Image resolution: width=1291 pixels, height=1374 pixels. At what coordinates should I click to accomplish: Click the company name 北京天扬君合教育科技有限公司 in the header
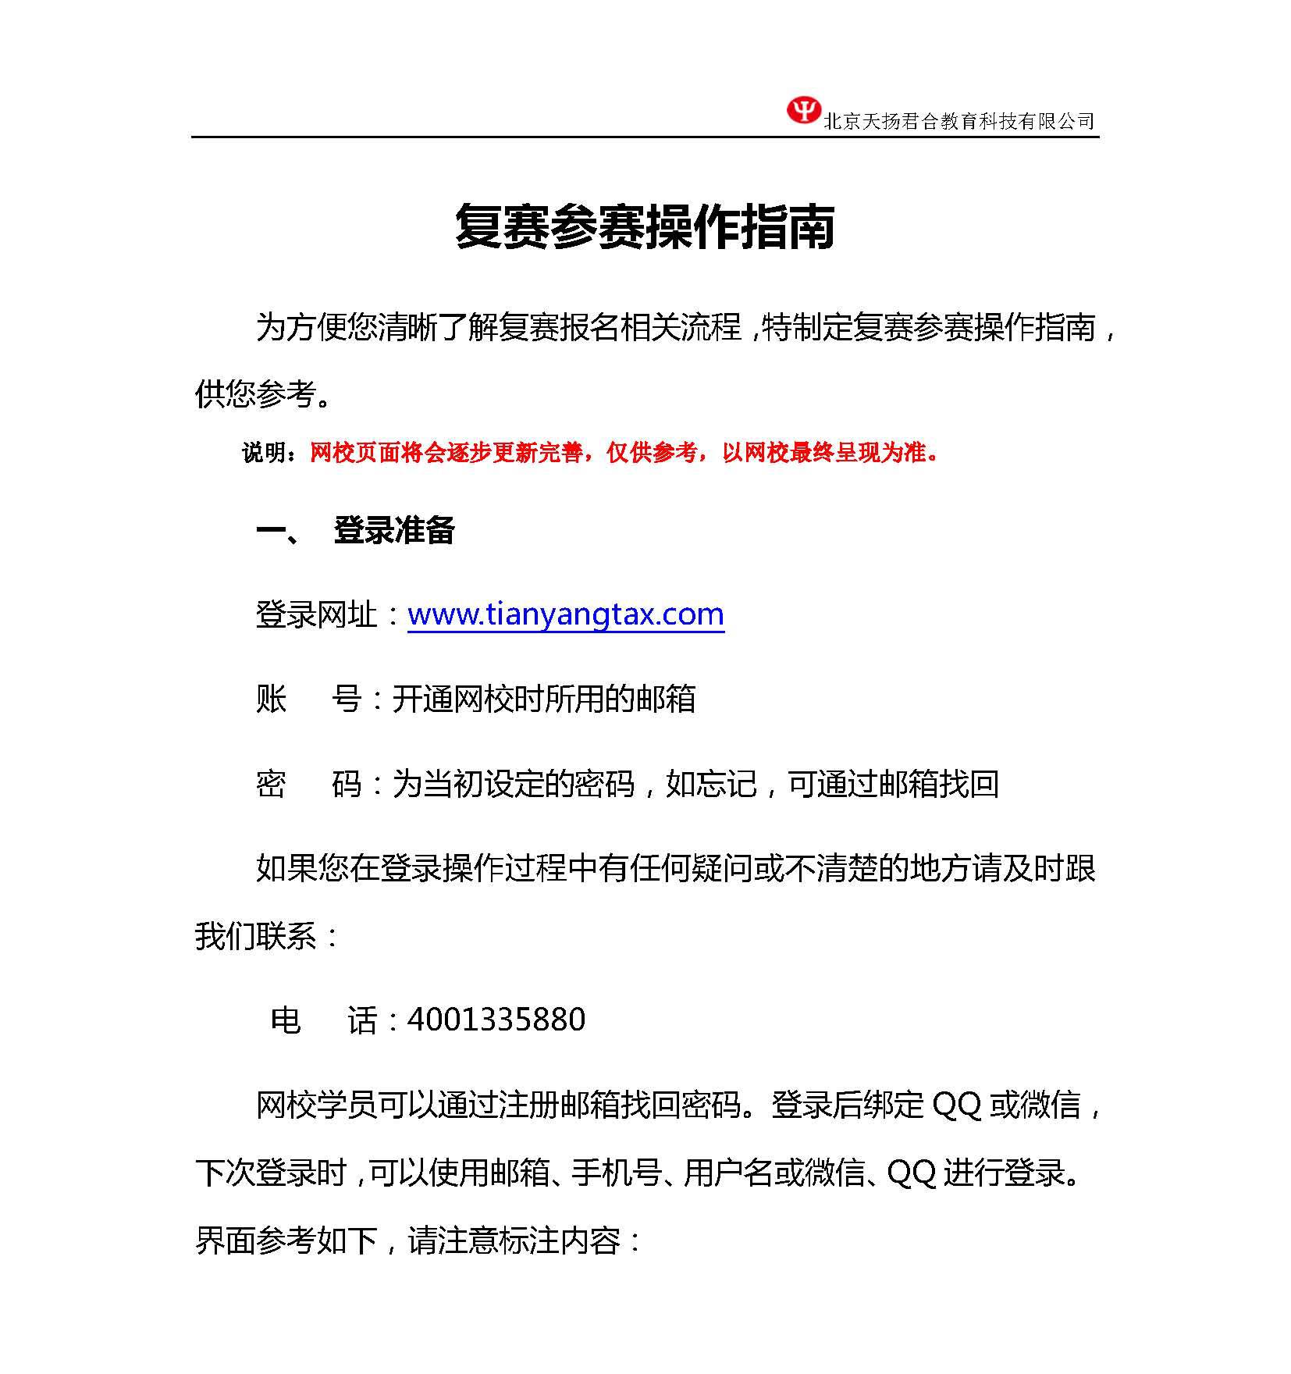click(959, 121)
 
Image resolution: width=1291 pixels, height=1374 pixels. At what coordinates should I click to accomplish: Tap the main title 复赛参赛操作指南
click(645, 227)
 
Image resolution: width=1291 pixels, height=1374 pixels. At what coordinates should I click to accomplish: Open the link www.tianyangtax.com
click(566, 614)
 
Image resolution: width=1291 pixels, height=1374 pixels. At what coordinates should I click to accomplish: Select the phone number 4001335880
click(496, 1020)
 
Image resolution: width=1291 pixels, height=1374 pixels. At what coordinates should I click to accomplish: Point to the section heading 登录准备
click(394, 531)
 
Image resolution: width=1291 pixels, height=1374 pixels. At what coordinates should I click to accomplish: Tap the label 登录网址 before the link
click(317, 615)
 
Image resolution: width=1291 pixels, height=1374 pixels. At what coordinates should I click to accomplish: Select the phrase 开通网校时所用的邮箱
click(543, 699)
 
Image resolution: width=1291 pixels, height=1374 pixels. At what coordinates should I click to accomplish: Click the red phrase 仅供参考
click(652, 453)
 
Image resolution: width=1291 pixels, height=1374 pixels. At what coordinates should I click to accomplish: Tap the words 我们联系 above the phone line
click(255, 936)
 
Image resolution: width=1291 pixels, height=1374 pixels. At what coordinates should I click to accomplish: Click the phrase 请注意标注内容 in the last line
click(514, 1241)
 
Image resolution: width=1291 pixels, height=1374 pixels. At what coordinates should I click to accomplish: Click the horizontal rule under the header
click(645, 137)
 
